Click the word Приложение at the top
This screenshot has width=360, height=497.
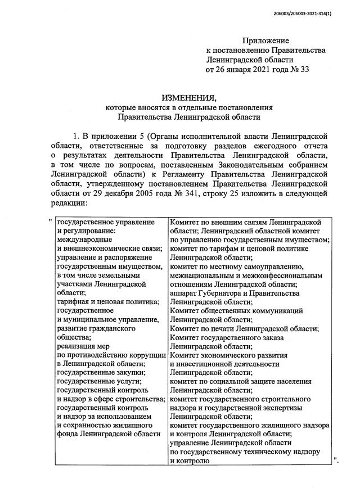tap(265, 40)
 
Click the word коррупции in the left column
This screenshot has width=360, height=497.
tap(147, 355)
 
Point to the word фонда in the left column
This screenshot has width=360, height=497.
tap(68, 434)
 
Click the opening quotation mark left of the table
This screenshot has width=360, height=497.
tap(51, 220)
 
